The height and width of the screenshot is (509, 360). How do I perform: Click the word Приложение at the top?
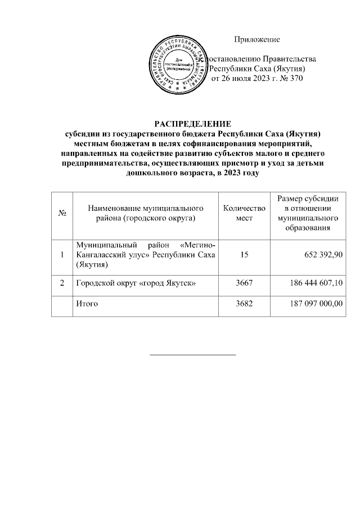pos(256,39)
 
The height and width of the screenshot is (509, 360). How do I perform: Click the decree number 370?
pos(295,78)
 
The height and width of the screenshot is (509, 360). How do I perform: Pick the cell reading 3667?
pos(244,283)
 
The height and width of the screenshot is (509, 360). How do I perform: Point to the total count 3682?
pos(244,304)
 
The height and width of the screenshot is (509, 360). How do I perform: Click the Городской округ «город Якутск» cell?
pos(136,283)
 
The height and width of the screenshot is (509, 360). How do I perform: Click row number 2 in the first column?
pos(62,283)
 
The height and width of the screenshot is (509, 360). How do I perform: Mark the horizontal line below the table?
pos(193,355)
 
